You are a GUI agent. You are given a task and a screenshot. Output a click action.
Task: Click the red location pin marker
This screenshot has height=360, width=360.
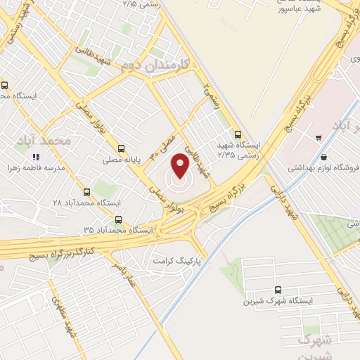click(x=181, y=167)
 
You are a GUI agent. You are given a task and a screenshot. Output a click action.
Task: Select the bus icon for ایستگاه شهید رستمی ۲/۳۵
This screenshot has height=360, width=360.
click(x=237, y=134)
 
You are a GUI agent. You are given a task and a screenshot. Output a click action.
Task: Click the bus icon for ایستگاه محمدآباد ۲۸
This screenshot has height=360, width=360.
click(x=87, y=191)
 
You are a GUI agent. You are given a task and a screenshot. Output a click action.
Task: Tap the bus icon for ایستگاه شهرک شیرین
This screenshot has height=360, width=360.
click(x=278, y=289)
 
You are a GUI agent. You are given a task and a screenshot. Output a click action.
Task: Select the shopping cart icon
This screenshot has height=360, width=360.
click(x=319, y=137)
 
